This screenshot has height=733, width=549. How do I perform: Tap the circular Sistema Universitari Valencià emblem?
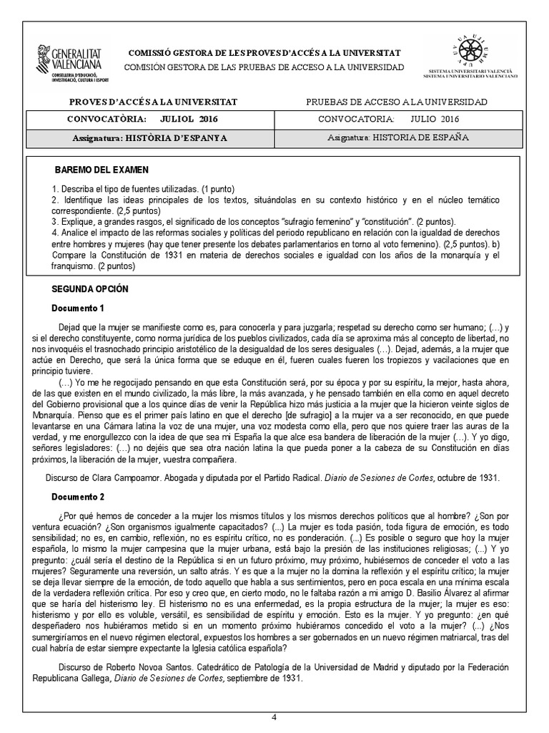[468, 50]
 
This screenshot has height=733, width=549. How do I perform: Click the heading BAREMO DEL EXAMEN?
[102, 170]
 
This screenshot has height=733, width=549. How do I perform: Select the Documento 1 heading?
[79, 309]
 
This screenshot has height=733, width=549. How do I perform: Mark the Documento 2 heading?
[79, 496]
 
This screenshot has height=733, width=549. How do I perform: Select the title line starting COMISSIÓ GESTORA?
[264, 54]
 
